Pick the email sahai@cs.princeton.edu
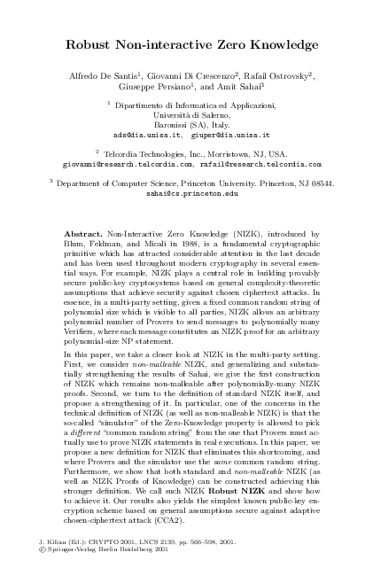(x=192, y=192)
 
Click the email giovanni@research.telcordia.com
(x=126, y=165)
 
